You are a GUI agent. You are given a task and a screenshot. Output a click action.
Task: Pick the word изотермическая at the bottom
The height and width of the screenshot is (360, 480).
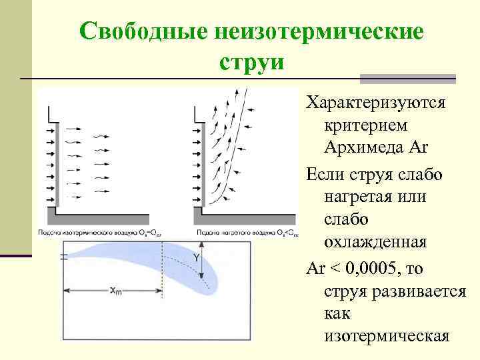click(x=387, y=335)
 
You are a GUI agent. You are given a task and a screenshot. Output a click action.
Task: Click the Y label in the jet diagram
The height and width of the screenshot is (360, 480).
click(x=196, y=257)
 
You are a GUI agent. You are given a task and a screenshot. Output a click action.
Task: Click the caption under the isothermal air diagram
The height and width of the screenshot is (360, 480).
click(x=100, y=233)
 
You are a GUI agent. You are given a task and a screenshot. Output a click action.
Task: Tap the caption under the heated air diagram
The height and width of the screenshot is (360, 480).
click(x=247, y=233)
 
